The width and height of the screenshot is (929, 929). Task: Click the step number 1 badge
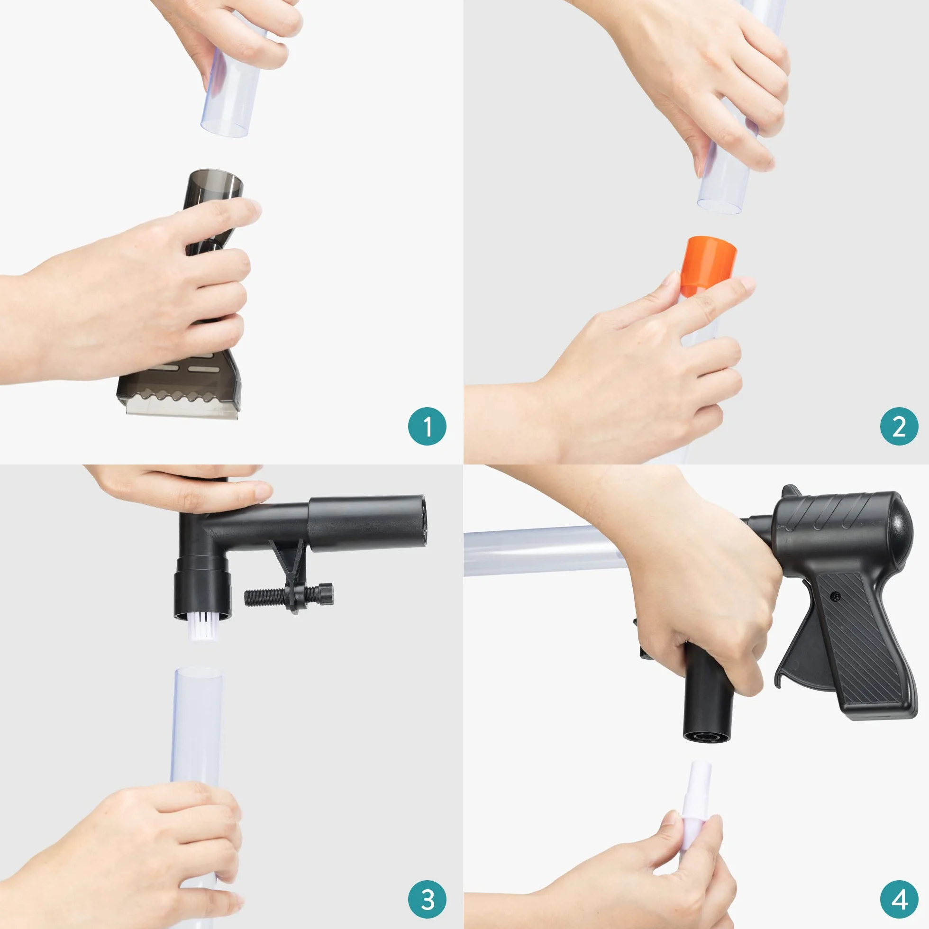[x=427, y=427]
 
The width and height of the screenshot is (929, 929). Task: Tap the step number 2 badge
[x=899, y=426]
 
